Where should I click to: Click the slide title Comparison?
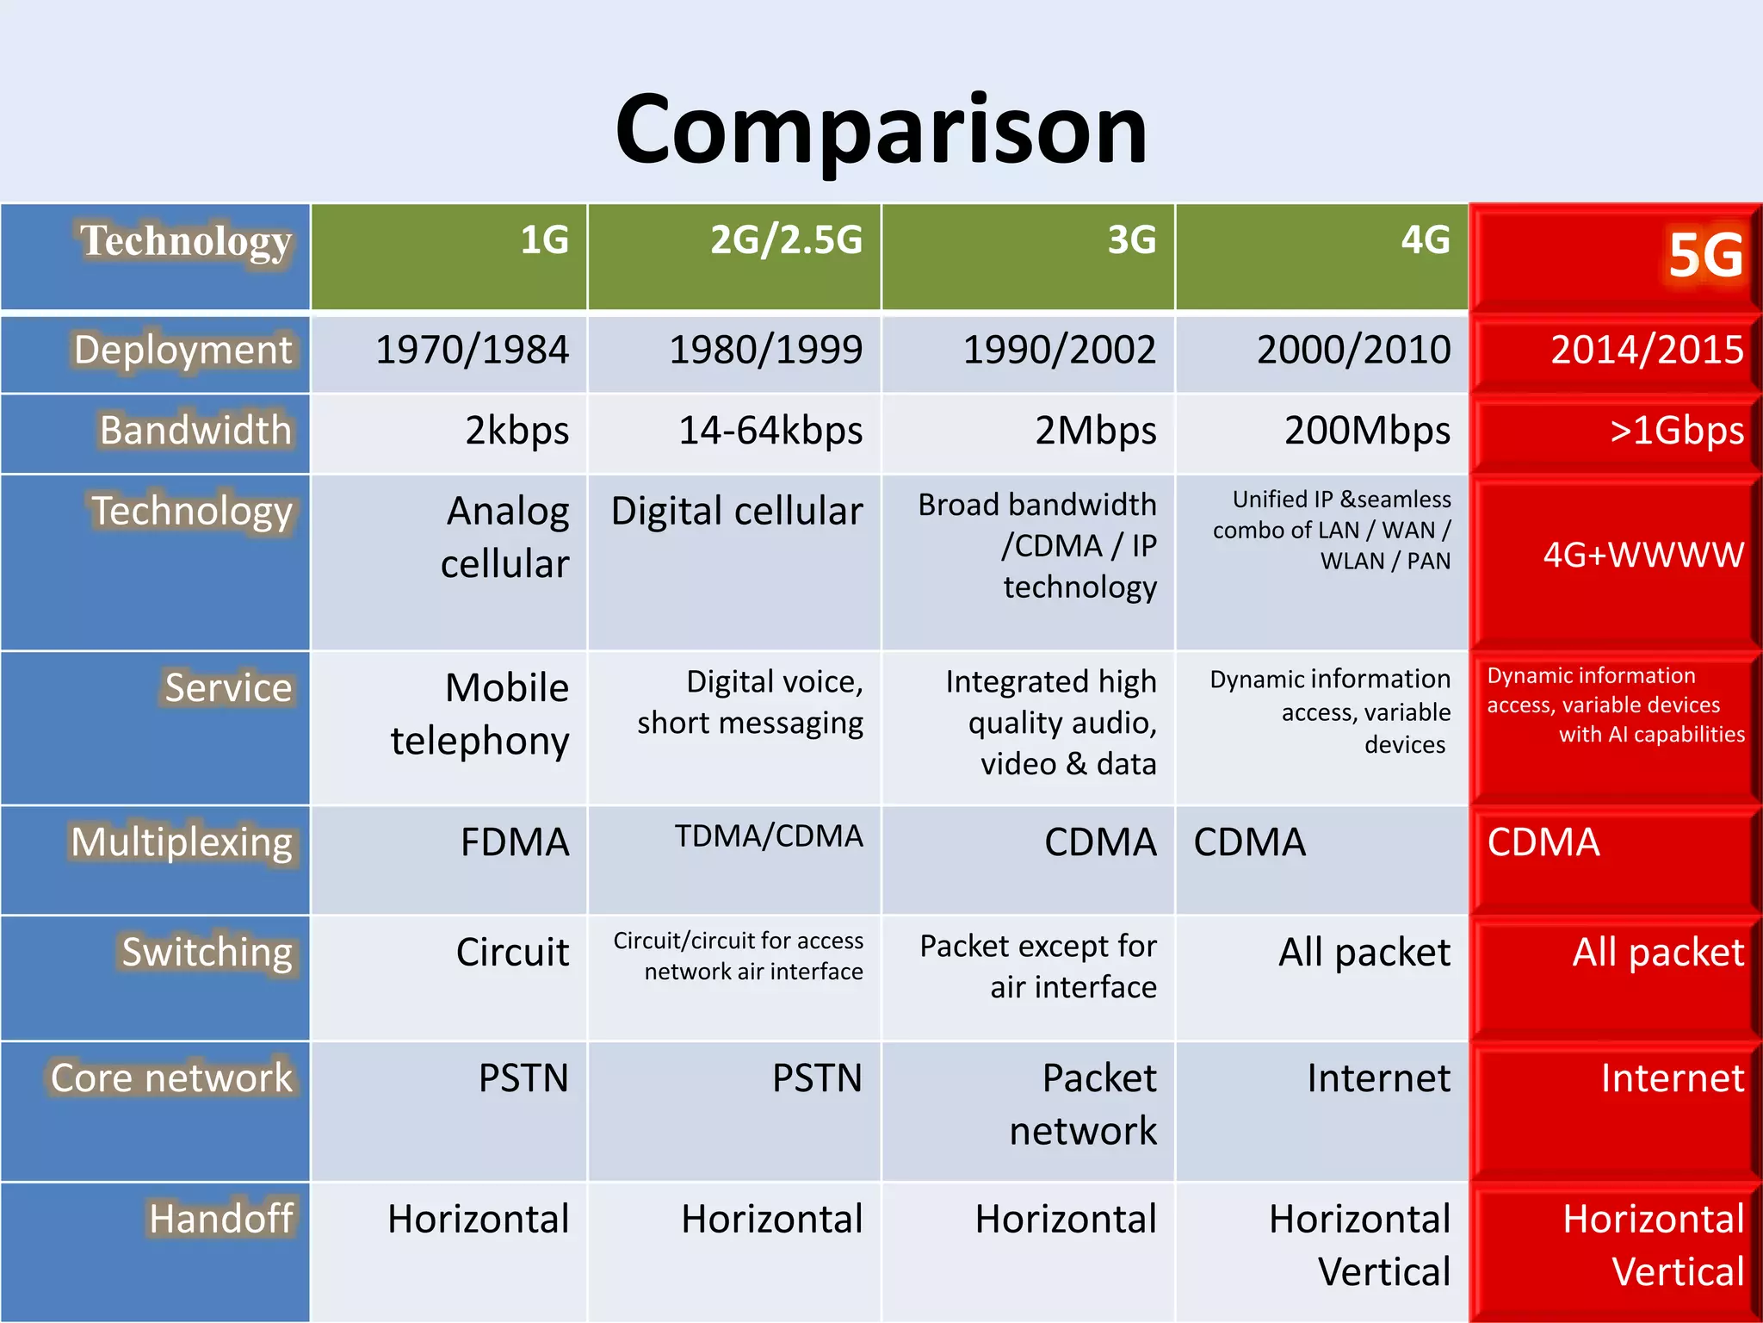click(881, 129)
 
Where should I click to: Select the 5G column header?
click(1704, 256)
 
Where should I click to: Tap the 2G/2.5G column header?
click(785, 240)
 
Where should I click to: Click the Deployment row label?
click(182, 351)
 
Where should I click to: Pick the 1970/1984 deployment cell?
click(472, 351)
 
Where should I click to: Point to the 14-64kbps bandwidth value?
click(770, 431)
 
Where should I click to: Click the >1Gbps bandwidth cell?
click(1676, 431)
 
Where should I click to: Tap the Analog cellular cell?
click(504, 537)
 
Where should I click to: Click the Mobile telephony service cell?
click(480, 714)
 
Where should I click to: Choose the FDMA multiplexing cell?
click(514, 842)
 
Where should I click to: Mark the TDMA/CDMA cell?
click(768, 836)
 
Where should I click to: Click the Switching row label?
click(207, 953)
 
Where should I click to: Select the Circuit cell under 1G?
click(512, 953)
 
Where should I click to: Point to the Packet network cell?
click(1083, 1104)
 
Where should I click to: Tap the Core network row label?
click(171, 1078)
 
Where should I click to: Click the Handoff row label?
click(220, 1220)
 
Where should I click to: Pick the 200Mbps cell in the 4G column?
click(1366, 431)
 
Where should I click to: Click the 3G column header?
click(1131, 240)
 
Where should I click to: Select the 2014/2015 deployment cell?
click(1646, 351)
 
